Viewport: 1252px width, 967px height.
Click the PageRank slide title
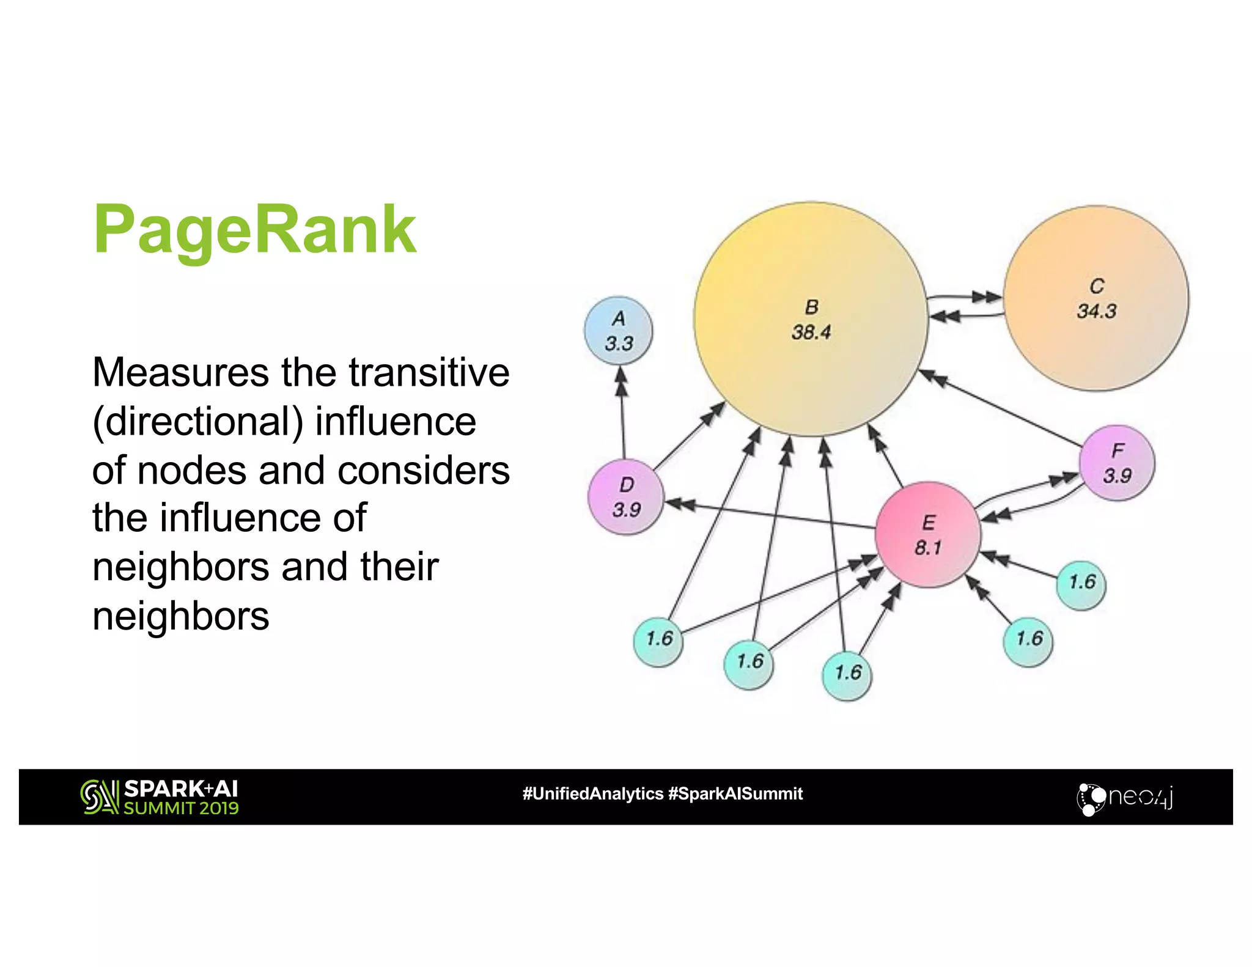tap(255, 230)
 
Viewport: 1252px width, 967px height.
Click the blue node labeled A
tap(619, 331)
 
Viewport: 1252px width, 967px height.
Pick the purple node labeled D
tap(626, 497)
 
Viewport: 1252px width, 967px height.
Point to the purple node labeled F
tap(1117, 463)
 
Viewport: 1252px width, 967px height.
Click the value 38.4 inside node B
tap(811, 333)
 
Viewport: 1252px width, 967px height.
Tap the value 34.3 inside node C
tap(1097, 312)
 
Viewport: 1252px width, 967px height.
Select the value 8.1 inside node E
tap(927, 548)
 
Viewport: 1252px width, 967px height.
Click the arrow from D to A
tap(622, 413)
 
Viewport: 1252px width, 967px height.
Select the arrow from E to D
tap(770, 515)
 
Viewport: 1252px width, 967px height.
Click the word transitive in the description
tap(429, 372)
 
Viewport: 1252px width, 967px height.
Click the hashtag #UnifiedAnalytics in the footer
tap(592, 793)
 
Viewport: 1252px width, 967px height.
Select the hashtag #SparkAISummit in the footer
tap(735, 793)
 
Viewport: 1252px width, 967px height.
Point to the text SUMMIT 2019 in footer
tap(181, 808)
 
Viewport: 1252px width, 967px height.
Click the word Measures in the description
tap(180, 372)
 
